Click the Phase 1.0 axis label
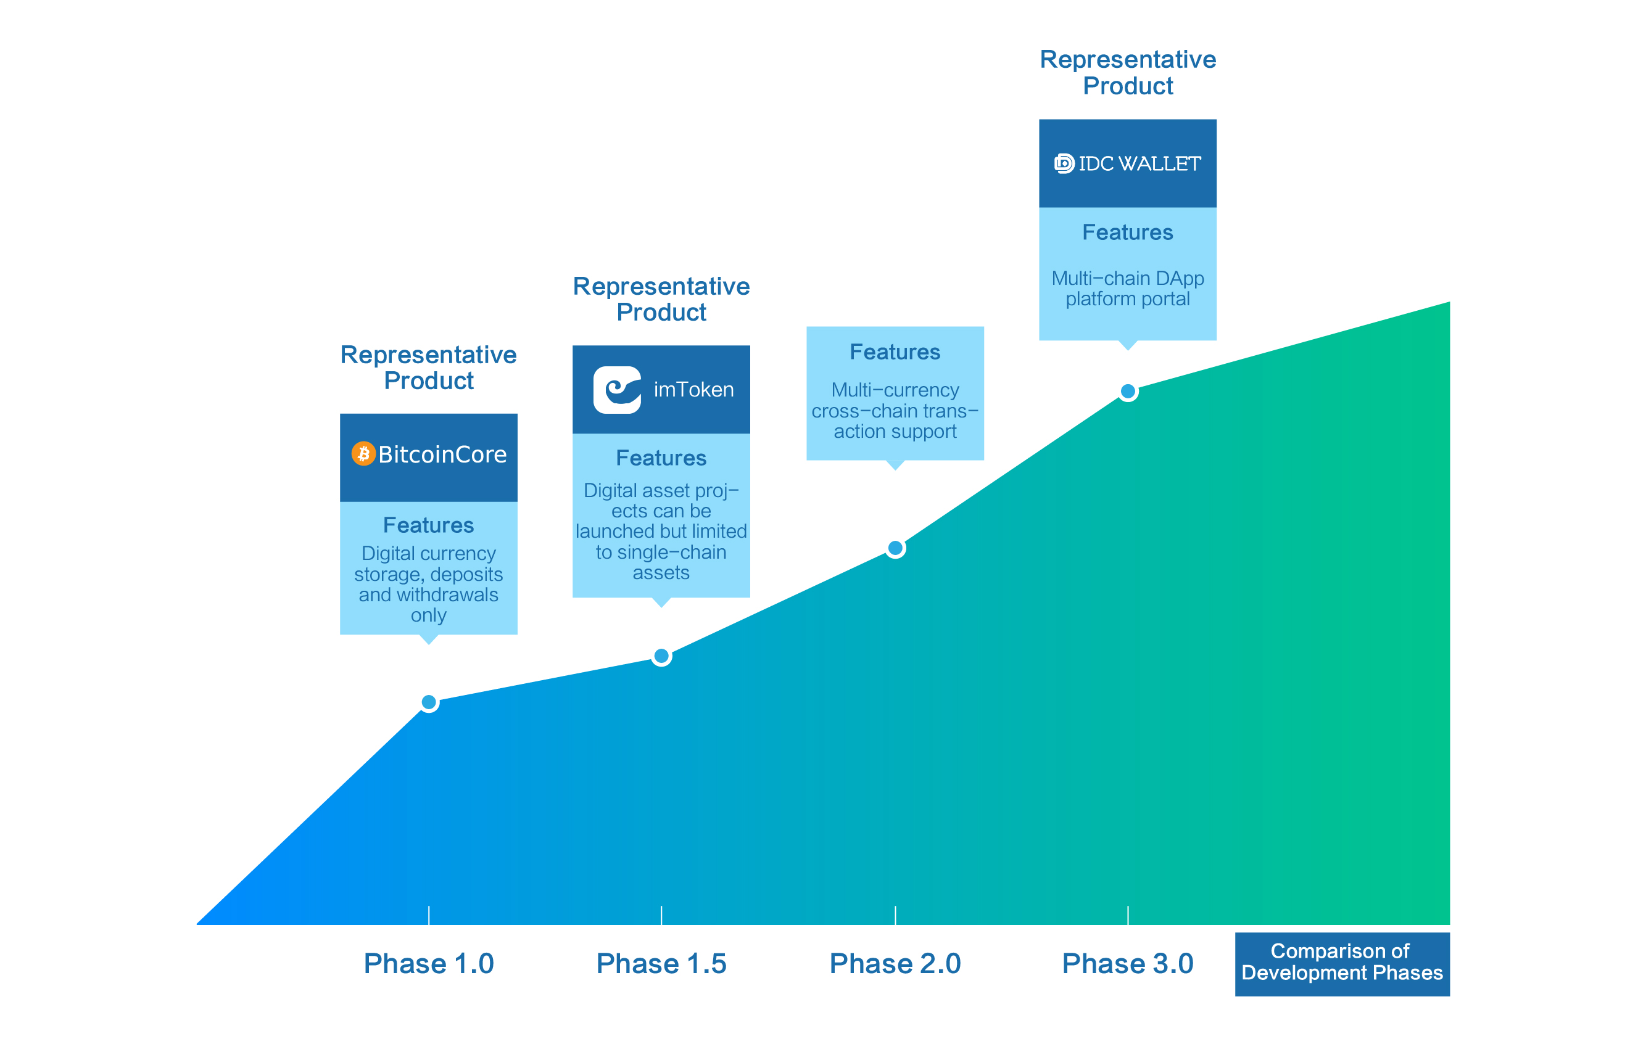point(429,963)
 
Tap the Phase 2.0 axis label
point(895,963)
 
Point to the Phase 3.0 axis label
point(1127,963)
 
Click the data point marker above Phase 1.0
point(429,702)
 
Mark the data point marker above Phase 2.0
point(895,548)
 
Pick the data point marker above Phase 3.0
point(1128,392)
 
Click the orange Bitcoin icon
point(363,454)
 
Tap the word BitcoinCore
point(442,454)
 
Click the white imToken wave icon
point(617,390)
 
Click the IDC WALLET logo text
point(1138,164)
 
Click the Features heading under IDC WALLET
point(1127,232)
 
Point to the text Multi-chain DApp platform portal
point(1127,289)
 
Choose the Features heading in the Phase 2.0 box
point(895,352)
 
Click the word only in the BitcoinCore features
point(429,615)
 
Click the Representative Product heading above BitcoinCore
point(429,368)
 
